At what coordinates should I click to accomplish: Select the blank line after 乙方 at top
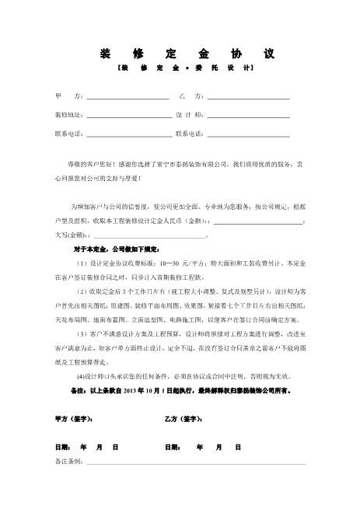[x=248, y=98]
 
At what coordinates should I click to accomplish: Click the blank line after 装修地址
[x=129, y=116]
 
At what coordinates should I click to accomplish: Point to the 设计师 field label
[x=190, y=115]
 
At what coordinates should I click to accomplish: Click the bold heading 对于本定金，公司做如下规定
[x=115, y=249]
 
